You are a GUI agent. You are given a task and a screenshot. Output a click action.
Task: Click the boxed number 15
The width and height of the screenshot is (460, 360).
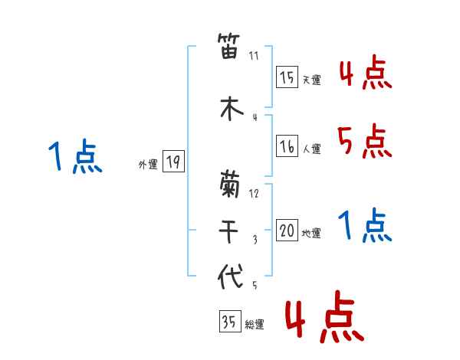pyautogui.click(x=287, y=77)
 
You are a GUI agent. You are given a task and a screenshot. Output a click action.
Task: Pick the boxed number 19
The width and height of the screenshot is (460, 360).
pyautogui.click(x=173, y=162)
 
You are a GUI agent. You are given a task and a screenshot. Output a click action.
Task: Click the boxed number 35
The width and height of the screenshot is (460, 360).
pyautogui.click(x=229, y=322)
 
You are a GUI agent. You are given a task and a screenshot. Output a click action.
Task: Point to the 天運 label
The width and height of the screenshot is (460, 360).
pyautogui.click(x=311, y=80)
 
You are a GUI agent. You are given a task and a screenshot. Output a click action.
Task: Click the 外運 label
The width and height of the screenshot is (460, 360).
pyautogui.click(x=148, y=164)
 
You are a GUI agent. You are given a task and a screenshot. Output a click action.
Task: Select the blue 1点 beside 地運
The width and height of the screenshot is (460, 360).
pyautogui.click(x=365, y=225)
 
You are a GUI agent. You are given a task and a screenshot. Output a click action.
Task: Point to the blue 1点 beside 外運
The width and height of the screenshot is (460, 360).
pyautogui.click(x=74, y=157)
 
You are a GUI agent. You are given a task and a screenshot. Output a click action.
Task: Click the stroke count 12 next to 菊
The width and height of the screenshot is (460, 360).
pyautogui.click(x=255, y=194)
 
